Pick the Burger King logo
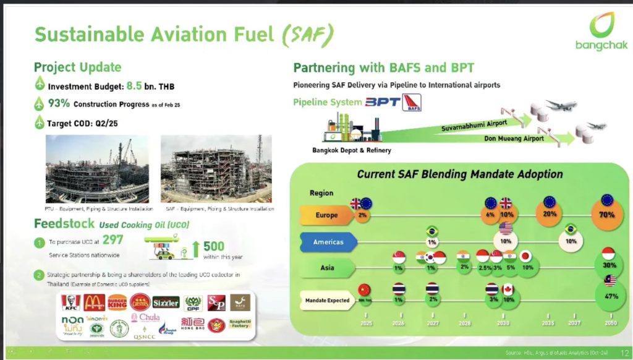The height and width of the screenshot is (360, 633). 117,302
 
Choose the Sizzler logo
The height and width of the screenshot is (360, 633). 166,302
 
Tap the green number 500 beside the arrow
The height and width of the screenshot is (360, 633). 213,247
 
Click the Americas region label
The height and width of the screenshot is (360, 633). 328,242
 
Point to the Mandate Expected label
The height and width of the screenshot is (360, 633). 327,300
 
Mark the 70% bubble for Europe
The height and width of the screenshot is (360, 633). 606,215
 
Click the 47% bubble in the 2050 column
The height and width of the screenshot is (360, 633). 606,296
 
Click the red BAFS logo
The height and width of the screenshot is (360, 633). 411,103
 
